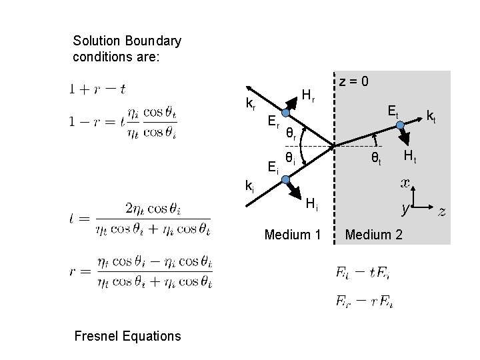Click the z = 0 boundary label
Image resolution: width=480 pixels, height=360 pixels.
click(356, 82)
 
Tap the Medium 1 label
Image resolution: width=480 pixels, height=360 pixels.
click(293, 234)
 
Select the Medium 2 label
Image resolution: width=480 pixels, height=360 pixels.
click(373, 234)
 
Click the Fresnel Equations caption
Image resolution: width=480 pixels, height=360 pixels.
click(127, 335)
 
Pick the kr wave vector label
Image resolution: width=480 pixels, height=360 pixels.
click(251, 104)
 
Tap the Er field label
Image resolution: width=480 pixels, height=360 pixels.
click(273, 122)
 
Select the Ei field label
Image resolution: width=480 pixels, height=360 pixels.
click(273, 167)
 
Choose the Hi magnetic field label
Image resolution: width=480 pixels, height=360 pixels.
click(312, 207)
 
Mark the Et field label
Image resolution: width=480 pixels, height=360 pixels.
click(394, 113)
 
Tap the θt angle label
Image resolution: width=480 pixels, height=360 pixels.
click(377, 159)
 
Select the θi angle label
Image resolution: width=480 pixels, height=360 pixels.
click(291, 159)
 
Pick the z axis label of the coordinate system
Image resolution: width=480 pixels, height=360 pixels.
click(441, 212)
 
